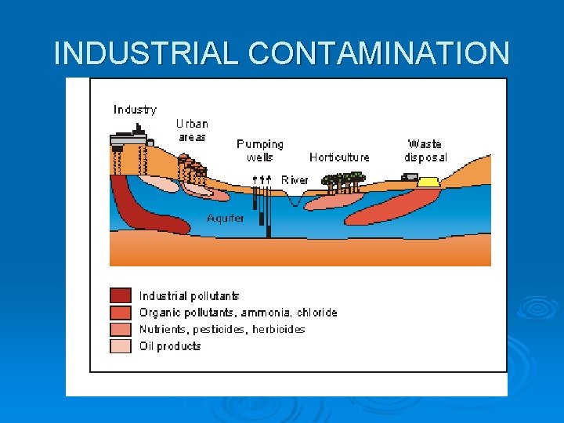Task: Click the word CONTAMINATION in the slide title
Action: pos(379,53)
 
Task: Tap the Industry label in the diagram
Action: pos(135,110)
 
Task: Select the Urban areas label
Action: pos(192,130)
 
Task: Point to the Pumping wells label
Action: pos(260,150)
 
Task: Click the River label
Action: pos(295,180)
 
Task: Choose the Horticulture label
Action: pos(339,157)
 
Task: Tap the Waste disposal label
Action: pos(425,150)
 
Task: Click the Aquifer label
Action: pos(226,218)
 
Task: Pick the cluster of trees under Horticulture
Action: pos(345,181)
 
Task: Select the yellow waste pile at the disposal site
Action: pos(428,182)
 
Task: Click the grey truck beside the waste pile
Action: pos(409,178)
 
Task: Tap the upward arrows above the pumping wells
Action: pos(262,179)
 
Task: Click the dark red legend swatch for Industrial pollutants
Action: pos(121,296)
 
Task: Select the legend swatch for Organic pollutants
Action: pos(121,313)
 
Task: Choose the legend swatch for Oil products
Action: pos(121,346)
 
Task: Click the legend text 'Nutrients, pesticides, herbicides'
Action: pos(222,330)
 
